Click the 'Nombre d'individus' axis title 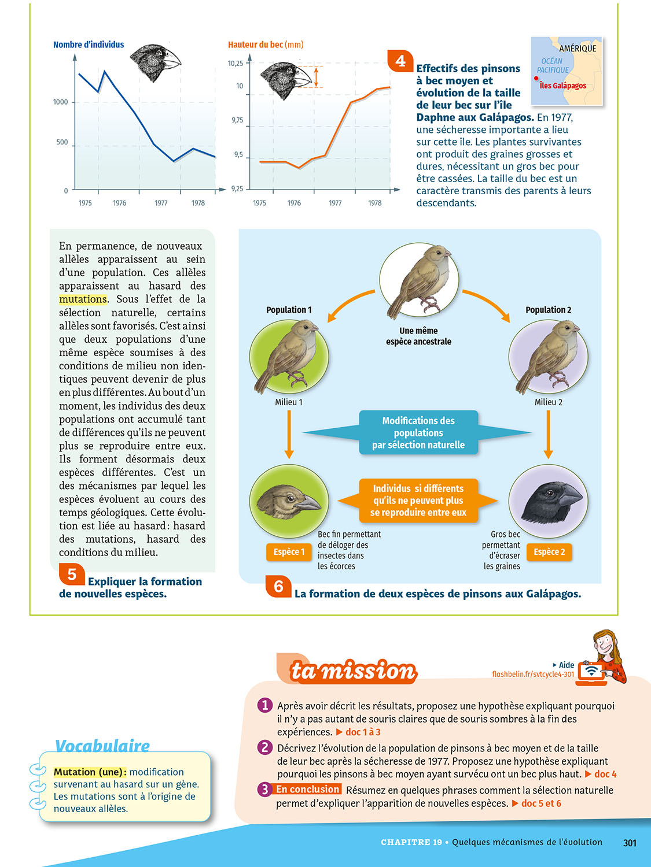coord(89,45)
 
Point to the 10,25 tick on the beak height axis coord(236,64)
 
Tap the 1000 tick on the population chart coord(61,102)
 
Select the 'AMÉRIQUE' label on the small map coord(577,49)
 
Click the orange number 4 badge coord(400,61)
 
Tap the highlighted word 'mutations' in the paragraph coord(83,299)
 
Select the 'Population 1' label coord(289,310)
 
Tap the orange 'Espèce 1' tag coord(289,552)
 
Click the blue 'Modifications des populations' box coord(418,433)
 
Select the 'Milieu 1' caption coord(289,402)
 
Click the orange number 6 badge coord(278,586)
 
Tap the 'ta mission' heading coord(353,671)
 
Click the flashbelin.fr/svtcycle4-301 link coord(533,674)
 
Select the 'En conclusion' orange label coord(307,790)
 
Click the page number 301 coord(630,843)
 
